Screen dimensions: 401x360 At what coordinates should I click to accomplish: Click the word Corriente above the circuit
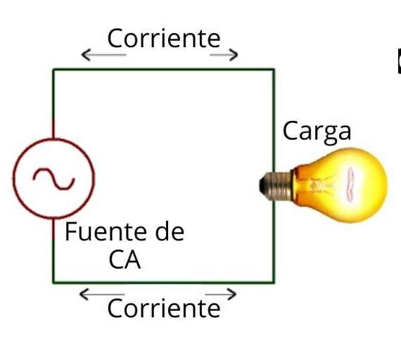(164, 38)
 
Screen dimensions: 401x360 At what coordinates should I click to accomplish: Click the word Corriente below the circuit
(164, 309)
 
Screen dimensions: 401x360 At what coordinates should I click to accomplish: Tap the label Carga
(317, 132)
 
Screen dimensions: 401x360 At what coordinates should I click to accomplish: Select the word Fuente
(106, 232)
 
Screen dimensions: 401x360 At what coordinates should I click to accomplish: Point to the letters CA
(125, 259)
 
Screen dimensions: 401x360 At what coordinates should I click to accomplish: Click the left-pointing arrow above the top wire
(103, 55)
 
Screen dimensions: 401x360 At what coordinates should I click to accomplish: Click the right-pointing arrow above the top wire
(224, 55)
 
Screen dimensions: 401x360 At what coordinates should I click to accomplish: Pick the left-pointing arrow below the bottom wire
(102, 295)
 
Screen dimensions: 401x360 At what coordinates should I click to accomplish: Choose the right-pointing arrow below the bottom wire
(221, 295)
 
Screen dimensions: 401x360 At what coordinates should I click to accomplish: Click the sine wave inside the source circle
(53, 179)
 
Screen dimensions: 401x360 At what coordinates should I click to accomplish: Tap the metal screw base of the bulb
(276, 186)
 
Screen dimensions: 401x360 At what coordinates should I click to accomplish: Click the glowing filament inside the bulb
(350, 184)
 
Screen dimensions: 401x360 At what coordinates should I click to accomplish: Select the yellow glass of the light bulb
(340, 186)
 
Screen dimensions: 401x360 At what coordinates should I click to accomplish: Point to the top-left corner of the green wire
(53, 69)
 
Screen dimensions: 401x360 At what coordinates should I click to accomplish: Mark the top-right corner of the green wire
(274, 69)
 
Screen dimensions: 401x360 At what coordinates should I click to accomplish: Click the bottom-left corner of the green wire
(53, 282)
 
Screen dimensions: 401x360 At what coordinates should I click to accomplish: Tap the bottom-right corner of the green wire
(274, 282)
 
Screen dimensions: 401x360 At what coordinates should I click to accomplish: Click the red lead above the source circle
(53, 129)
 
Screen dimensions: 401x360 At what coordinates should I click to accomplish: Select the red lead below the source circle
(53, 229)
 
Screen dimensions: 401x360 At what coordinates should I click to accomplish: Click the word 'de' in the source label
(170, 231)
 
